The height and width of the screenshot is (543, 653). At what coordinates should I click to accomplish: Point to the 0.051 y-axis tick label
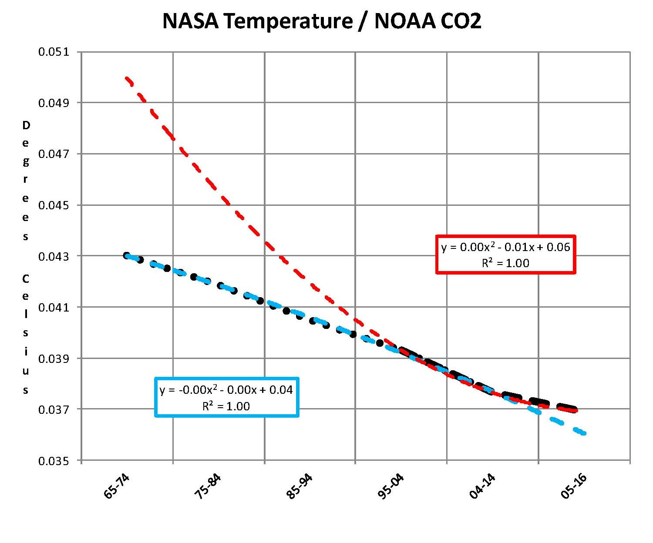(54, 52)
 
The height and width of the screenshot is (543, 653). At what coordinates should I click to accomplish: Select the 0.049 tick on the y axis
(54, 103)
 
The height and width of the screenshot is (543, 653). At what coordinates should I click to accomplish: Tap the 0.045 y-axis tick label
(54, 205)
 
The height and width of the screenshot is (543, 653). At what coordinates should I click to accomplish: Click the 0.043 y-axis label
(54, 257)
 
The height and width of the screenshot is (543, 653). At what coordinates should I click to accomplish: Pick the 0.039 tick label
(54, 359)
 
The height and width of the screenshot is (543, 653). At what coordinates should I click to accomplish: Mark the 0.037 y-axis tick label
(54, 410)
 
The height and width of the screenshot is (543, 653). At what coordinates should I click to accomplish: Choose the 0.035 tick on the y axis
(54, 461)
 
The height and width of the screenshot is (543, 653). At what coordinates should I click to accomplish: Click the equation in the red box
(505, 248)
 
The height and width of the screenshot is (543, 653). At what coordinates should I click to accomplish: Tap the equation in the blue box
(226, 390)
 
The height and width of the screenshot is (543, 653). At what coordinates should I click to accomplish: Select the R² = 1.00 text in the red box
(505, 263)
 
